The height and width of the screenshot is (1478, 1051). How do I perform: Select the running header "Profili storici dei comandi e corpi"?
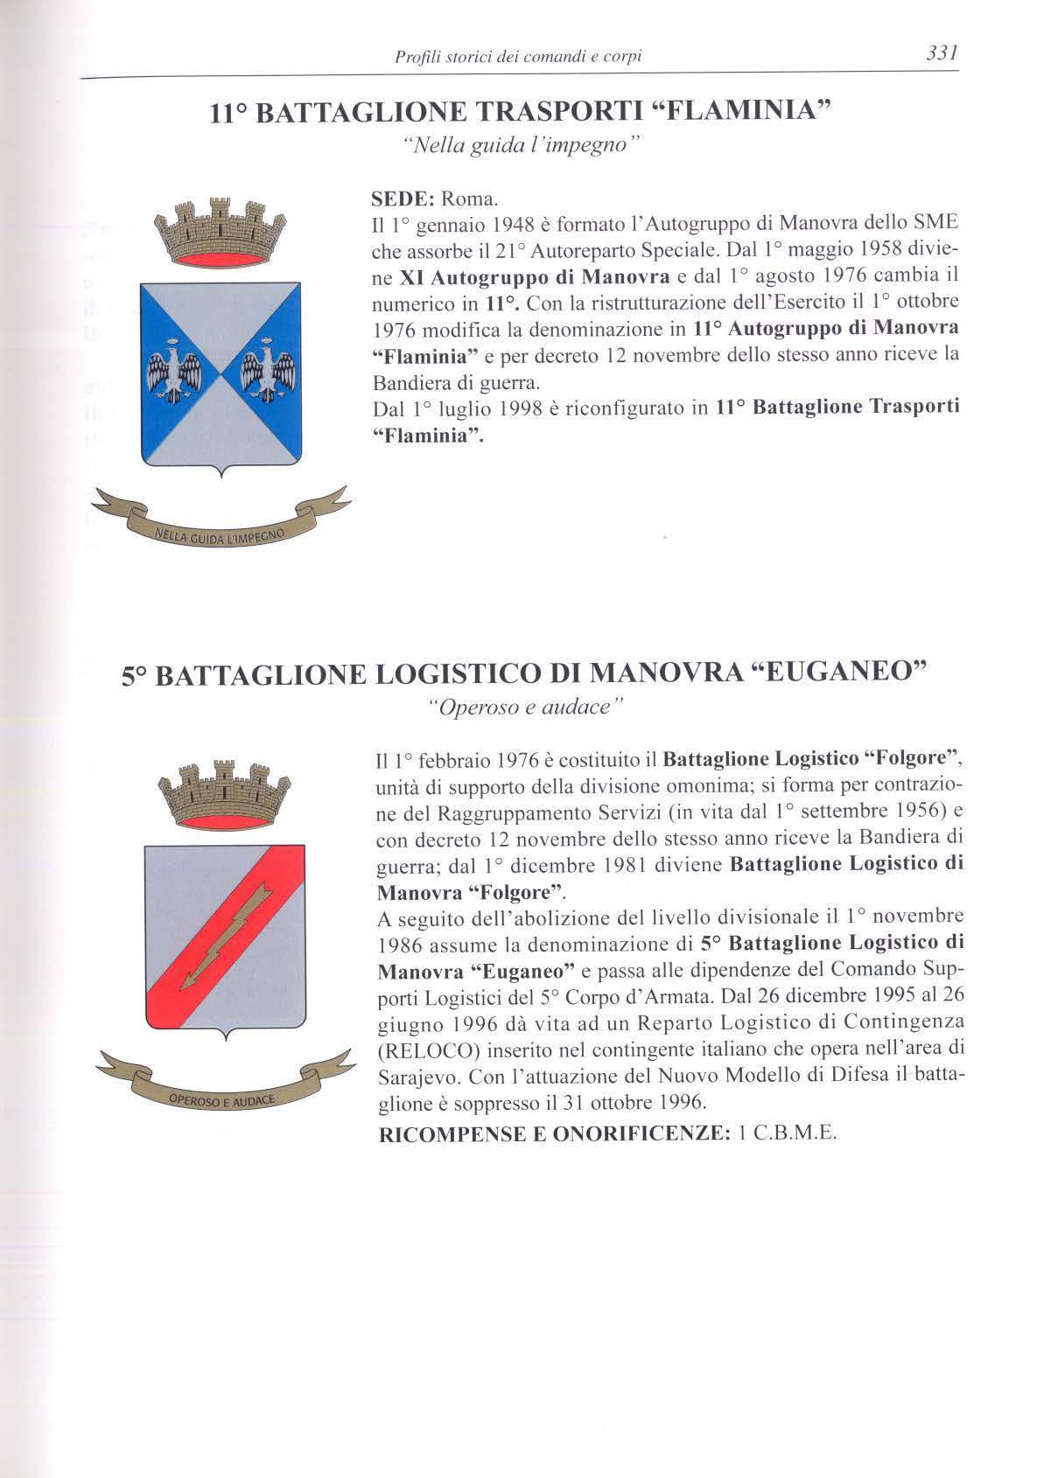[519, 57]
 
